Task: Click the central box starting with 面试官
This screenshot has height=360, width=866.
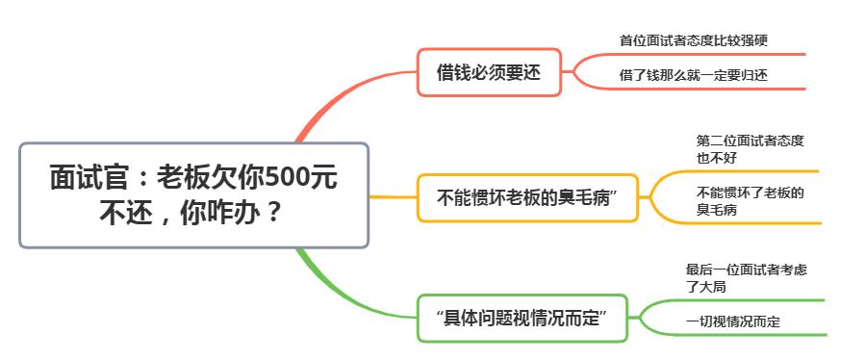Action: [x=193, y=194]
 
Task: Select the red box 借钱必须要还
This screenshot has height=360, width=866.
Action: [x=489, y=72]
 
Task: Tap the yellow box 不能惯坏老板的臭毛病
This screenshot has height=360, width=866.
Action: [x=527, y=198]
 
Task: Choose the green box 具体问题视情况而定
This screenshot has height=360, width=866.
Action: [x=522, y=319]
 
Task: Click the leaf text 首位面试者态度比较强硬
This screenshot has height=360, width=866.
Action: [x=693, y=40]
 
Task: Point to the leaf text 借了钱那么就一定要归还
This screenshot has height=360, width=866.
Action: [x=693, y=74]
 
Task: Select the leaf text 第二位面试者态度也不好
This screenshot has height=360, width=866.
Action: [x=750, y=148]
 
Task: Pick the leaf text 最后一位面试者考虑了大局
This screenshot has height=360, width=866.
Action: [x=746, y=277]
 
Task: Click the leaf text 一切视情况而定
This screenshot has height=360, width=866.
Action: [x=732, y=321]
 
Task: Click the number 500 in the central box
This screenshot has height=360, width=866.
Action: [x=284, y=178]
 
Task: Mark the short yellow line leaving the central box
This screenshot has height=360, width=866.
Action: [x=393, y=197]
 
